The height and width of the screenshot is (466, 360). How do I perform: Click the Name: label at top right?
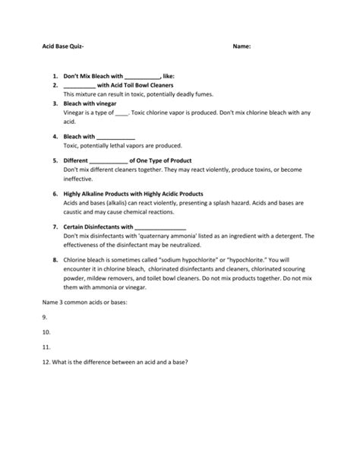pos(242,46)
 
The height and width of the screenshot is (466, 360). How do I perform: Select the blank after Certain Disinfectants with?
pos(159,227)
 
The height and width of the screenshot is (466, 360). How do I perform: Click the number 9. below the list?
pos(45,317)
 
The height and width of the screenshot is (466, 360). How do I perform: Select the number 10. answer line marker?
pos(46,331)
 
